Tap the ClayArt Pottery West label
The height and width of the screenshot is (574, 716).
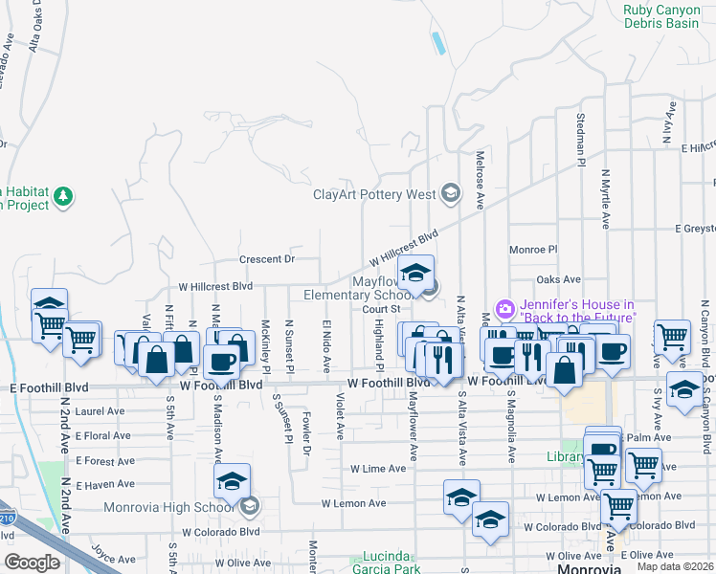tap(374, 194)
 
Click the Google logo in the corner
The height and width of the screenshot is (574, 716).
tap(32, 562)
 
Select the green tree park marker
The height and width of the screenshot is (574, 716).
tap(64, 197)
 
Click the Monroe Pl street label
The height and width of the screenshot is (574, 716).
tap(533, 249)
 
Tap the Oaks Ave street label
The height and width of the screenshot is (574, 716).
tap(559, 279)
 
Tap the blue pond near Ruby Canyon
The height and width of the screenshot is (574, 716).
tap(438, 43)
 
